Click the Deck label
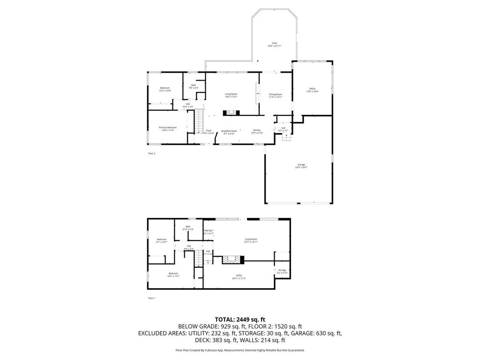coord(274,43)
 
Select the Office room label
coord(312,89)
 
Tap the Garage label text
coord(301,165)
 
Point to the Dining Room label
coord(276,94)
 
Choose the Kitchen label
coord(257,130)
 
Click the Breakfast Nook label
coord(229,131)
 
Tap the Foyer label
coord(209,130)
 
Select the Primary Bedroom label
coord(167,127)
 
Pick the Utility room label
coord(239,275)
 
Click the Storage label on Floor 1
coord(282,270)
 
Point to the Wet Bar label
coord(209,231)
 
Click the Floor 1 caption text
coord(151,298)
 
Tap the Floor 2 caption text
coord(151,153)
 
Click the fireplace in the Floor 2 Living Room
coord(231,112)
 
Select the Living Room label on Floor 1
coord(251,239)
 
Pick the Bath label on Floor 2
coord(193,85)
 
